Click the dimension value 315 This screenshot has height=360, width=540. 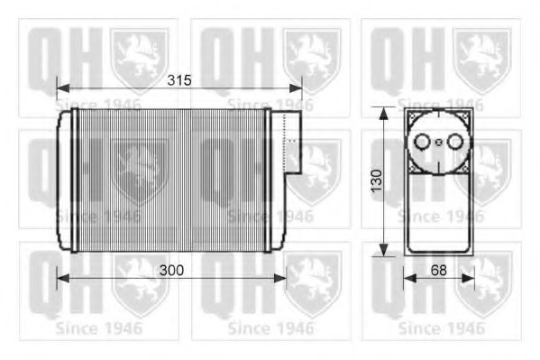click(x=180, y=79)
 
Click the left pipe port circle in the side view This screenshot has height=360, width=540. click(x=422, y=142)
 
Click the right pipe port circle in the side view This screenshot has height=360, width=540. click(x=453, y=142)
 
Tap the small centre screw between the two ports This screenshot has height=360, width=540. click(x=438, y=142)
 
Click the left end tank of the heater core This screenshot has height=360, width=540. click(x=65, y=180)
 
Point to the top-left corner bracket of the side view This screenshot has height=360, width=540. click(x=413, y=117)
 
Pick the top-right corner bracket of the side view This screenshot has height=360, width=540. click(x=463, y=117)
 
